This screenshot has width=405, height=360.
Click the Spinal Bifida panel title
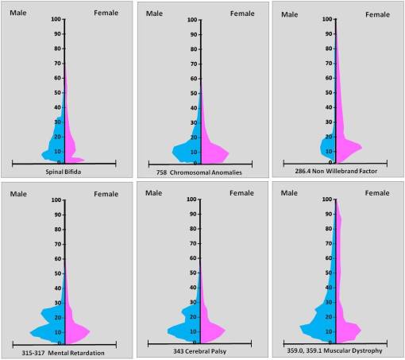[x=64, y=171]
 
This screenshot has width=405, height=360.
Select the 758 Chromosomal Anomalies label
[x=200, y=171]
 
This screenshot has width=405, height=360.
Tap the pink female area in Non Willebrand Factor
[x=345, y=146]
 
